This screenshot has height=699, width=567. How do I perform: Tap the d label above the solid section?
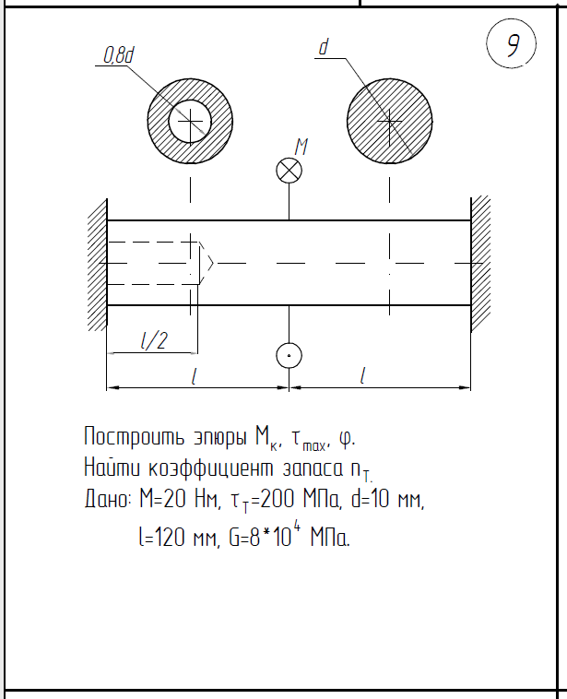click(x=324, y=47)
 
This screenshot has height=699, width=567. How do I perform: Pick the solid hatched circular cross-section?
click(x=390, y=120)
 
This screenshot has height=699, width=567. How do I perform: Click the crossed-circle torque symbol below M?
click(x=289, y=171)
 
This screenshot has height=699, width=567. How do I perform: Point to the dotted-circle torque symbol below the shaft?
click(x=289, y=355)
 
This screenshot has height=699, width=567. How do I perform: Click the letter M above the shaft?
click(x=301, y=145)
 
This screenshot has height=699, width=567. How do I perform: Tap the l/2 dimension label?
click(x=153, y=341)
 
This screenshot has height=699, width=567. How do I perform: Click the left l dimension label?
click(x=193, y=376)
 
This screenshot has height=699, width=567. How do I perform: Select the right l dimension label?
click(x=363, y=376)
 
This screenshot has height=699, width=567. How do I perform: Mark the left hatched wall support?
click(x=97, y=264)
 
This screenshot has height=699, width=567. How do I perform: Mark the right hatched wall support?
click(x=482, y=264)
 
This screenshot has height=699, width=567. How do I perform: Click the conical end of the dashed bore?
click(x=207, y=263)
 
